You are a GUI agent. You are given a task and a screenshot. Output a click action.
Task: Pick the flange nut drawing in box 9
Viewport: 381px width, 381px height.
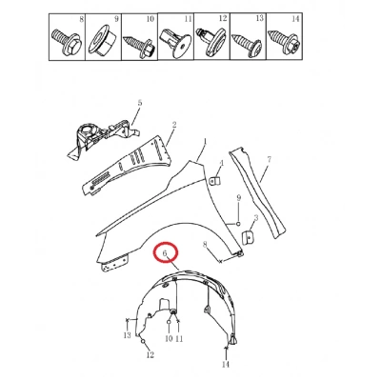click(102, 42)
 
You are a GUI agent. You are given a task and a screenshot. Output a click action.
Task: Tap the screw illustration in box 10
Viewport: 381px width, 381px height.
click(139, 45)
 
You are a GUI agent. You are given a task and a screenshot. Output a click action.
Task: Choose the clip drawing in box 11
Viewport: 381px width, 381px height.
click(175, 43)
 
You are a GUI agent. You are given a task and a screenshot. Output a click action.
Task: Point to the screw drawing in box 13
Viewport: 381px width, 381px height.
click(248, 44)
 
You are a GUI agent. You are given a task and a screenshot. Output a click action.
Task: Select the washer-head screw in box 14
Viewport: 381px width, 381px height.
click(284, 41)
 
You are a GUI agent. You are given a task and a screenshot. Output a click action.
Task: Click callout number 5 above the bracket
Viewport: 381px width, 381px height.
click(140, 103)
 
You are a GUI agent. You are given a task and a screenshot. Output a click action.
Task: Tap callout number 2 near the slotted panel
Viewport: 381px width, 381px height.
click(174, 125)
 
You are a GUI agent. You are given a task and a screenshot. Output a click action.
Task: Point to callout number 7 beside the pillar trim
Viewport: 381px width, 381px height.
click(270, 159)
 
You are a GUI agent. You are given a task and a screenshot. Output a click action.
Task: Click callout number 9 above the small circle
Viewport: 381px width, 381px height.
click(239, 198)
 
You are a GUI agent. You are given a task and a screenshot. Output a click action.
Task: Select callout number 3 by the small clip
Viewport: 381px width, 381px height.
click(256, 218)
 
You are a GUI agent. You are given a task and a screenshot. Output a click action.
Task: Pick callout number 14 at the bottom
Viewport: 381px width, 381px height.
click(225, 365)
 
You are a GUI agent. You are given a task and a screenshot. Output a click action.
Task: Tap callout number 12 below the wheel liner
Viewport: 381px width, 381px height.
click(150, 354)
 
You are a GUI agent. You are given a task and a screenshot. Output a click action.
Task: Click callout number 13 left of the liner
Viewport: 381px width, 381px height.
click(127, 335)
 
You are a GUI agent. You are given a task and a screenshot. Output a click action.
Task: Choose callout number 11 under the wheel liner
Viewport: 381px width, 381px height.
click(179, 339)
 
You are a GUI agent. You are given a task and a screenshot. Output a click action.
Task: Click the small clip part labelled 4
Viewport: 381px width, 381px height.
click(216, 181)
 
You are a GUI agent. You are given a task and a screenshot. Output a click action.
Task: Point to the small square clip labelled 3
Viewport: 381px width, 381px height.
click(248, 237)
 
